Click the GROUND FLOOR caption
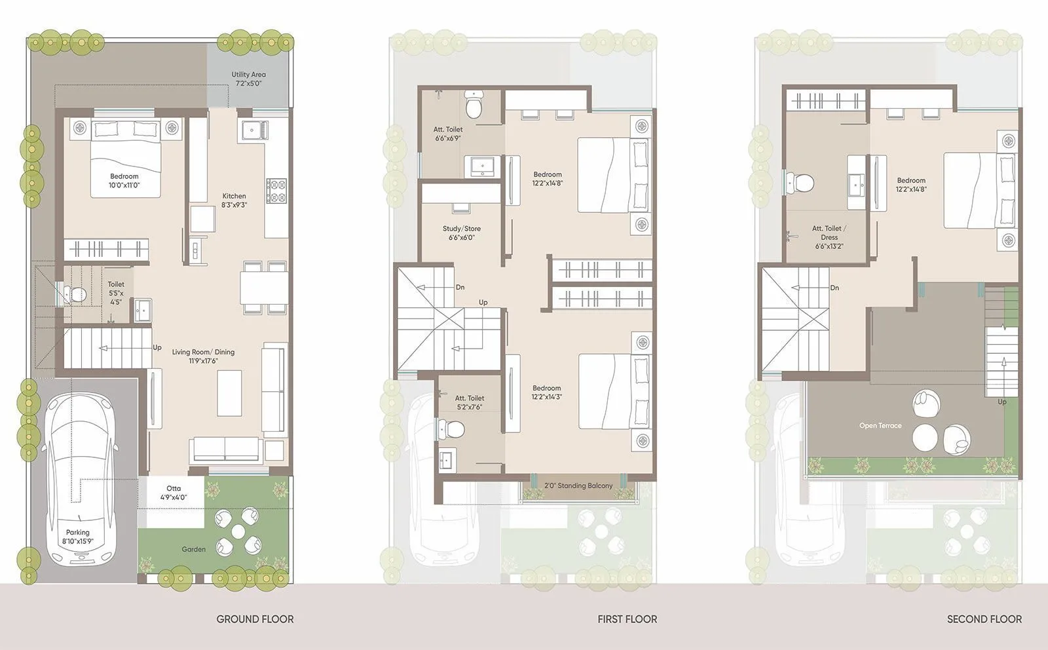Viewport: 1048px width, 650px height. coord(255,619)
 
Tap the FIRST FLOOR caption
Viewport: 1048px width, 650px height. coord(627,619)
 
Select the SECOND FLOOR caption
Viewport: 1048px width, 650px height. coord(984,619)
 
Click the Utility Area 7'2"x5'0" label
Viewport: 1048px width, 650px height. coord(248,79)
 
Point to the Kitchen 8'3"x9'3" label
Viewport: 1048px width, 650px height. coord(234,200)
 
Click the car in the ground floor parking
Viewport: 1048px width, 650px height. coord(80,478)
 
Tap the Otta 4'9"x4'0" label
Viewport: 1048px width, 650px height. coord(174,493)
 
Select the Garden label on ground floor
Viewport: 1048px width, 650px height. coord(193,549)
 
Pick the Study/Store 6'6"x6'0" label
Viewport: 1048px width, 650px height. coord(462,233)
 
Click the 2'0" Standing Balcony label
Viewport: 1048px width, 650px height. coord(578,486)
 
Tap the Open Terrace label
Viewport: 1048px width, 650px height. coord(880,425)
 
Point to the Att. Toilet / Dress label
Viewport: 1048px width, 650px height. coord(829,237)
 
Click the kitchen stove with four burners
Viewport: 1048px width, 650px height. coord(276,191)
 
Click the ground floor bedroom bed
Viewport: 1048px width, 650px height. coord(125,157)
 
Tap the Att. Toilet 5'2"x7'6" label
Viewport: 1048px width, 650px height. coord(469,402)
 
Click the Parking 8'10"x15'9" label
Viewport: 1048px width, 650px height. coord(77,537)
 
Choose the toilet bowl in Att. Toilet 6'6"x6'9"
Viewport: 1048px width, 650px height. coord(474,105)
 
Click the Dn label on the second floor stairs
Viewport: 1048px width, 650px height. coord(834,288)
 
